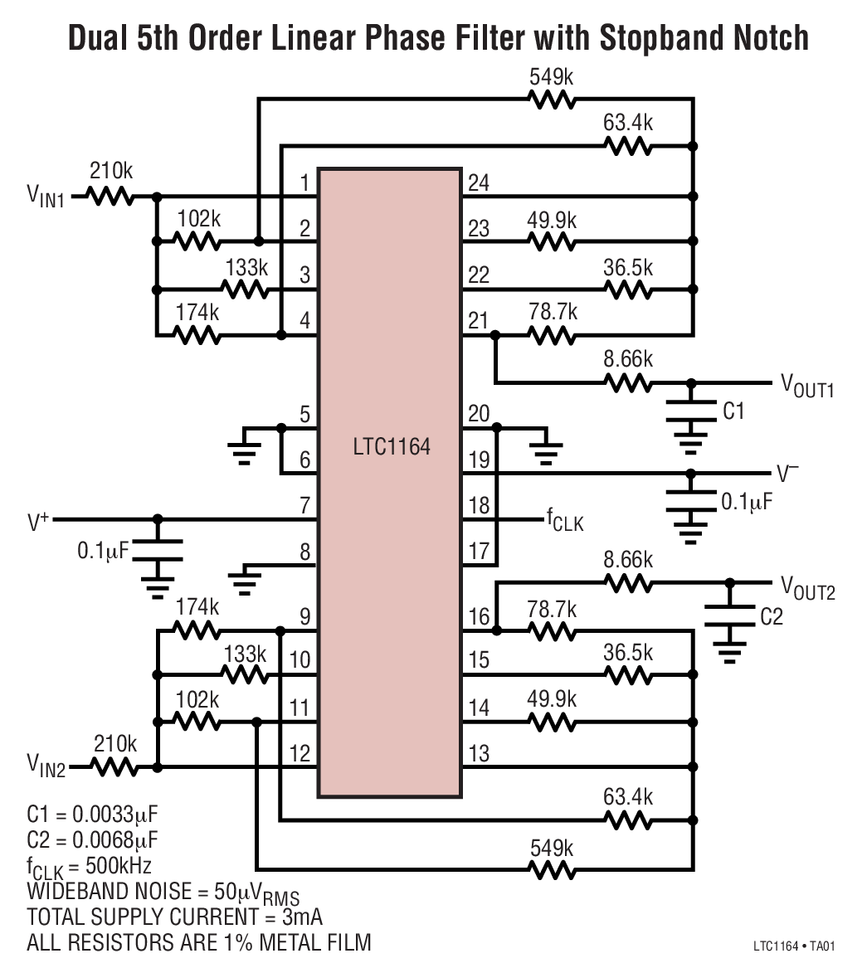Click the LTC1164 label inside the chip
click(x=391, y=448)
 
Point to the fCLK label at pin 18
click(x=564, y=521)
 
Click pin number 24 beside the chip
click(x=478, y=183)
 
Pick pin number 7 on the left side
click(x=304, y=504)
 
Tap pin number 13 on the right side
click(x=478, y=754)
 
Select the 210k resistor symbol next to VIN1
click(x=110, y=197)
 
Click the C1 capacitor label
click(x=734, y=411)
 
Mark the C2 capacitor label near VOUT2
click(x=771, y=617)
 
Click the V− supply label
click(x=787, y=474)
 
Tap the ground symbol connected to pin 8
click(x=243, y=580)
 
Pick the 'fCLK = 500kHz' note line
click(x=89, y=866)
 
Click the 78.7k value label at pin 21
click(x=553, y=313)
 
